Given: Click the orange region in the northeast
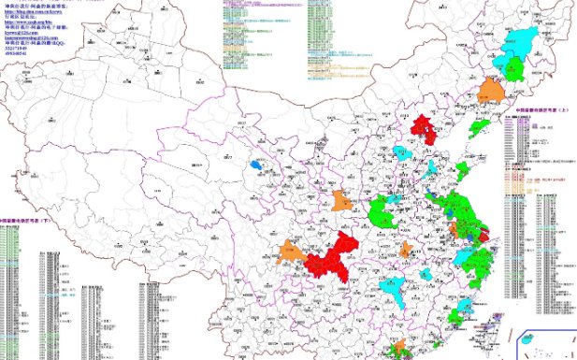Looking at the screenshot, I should [x=489, y=91].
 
